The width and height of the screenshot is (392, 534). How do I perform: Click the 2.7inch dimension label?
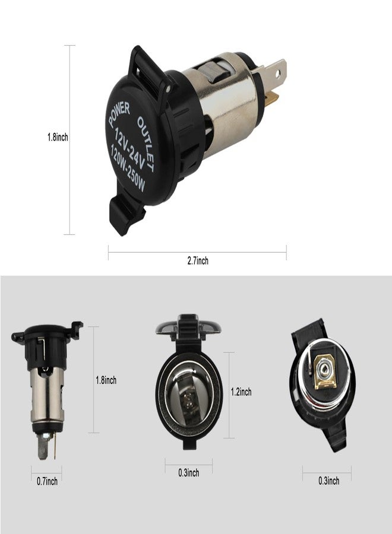click(x=197, y=260)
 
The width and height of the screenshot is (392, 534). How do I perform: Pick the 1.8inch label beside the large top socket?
click(x=58, y=137)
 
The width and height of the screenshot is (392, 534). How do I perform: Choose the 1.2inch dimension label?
click(x=241, y=392)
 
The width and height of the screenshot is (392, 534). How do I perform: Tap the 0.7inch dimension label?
click(x=46, y=481)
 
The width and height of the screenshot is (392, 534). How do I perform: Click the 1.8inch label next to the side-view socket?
click(x=106, y=380)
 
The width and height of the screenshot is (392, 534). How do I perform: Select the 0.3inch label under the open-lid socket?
click(x=188, y=473)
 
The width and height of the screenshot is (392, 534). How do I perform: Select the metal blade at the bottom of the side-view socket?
click(x=43, y=447)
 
